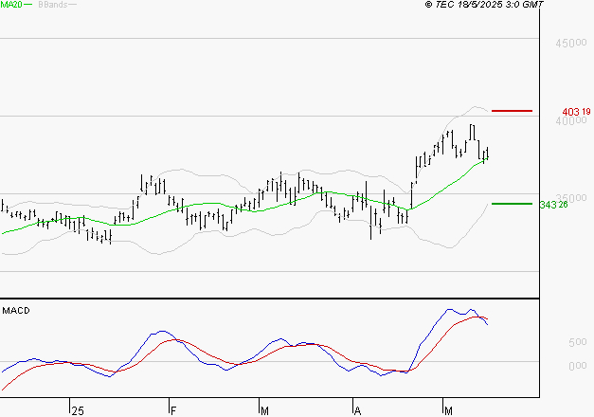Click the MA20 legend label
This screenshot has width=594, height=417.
pos(12,5)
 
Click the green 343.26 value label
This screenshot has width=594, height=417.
pos(552,204)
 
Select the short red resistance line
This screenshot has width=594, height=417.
pos(513,111)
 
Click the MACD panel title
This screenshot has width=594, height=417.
pos(15,310)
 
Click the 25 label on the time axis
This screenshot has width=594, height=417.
pos(77,410)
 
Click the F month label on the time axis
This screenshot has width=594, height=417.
pos(173,410)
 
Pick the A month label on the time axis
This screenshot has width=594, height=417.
pos(358,410)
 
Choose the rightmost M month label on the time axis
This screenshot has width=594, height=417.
pos(448,410)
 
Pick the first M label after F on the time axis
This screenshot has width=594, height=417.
pos(263,410)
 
